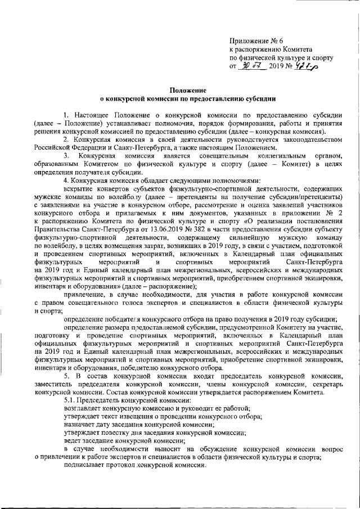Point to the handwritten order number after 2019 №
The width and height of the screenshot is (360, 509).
point(305,66)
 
